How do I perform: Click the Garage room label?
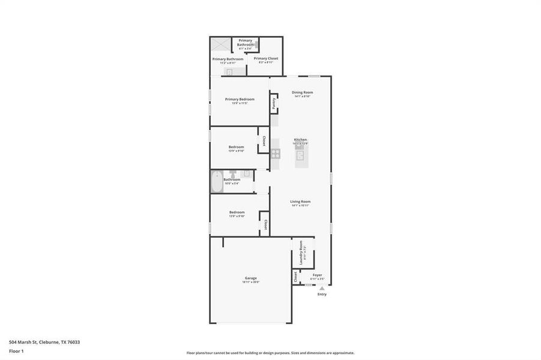tap(250, 278)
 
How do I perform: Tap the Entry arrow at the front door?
tap(322, 289)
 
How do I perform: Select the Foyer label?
tap(317, 275)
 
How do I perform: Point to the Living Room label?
tap(300, 202)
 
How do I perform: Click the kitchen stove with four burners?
tap(275, 152)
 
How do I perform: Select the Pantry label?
tap(274, 103)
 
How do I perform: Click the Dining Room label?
tap(302, 92)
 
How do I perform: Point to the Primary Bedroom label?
tap(240, 99)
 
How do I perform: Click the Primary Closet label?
tap(265, 58)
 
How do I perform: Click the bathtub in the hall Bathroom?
tap(216, 181)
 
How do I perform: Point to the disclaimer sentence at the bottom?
tap(270, 353)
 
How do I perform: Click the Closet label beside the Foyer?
tap(295, 277)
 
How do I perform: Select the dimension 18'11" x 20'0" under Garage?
tap(250, 282)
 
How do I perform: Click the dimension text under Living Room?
tap(300, 206)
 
